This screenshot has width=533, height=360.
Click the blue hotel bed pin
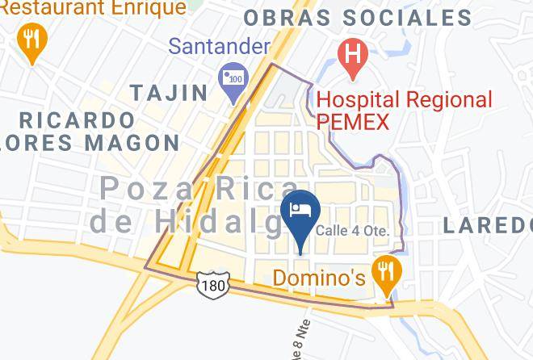(x=302, y=212)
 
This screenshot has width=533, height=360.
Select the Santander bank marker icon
(x=234, y=78)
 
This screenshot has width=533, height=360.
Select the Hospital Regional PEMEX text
(x=404, y=111)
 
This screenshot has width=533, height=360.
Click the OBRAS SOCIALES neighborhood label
(x=358, y=18)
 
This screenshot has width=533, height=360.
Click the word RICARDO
(x=77, y=119)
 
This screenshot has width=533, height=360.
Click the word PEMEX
(x=353, y=123)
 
